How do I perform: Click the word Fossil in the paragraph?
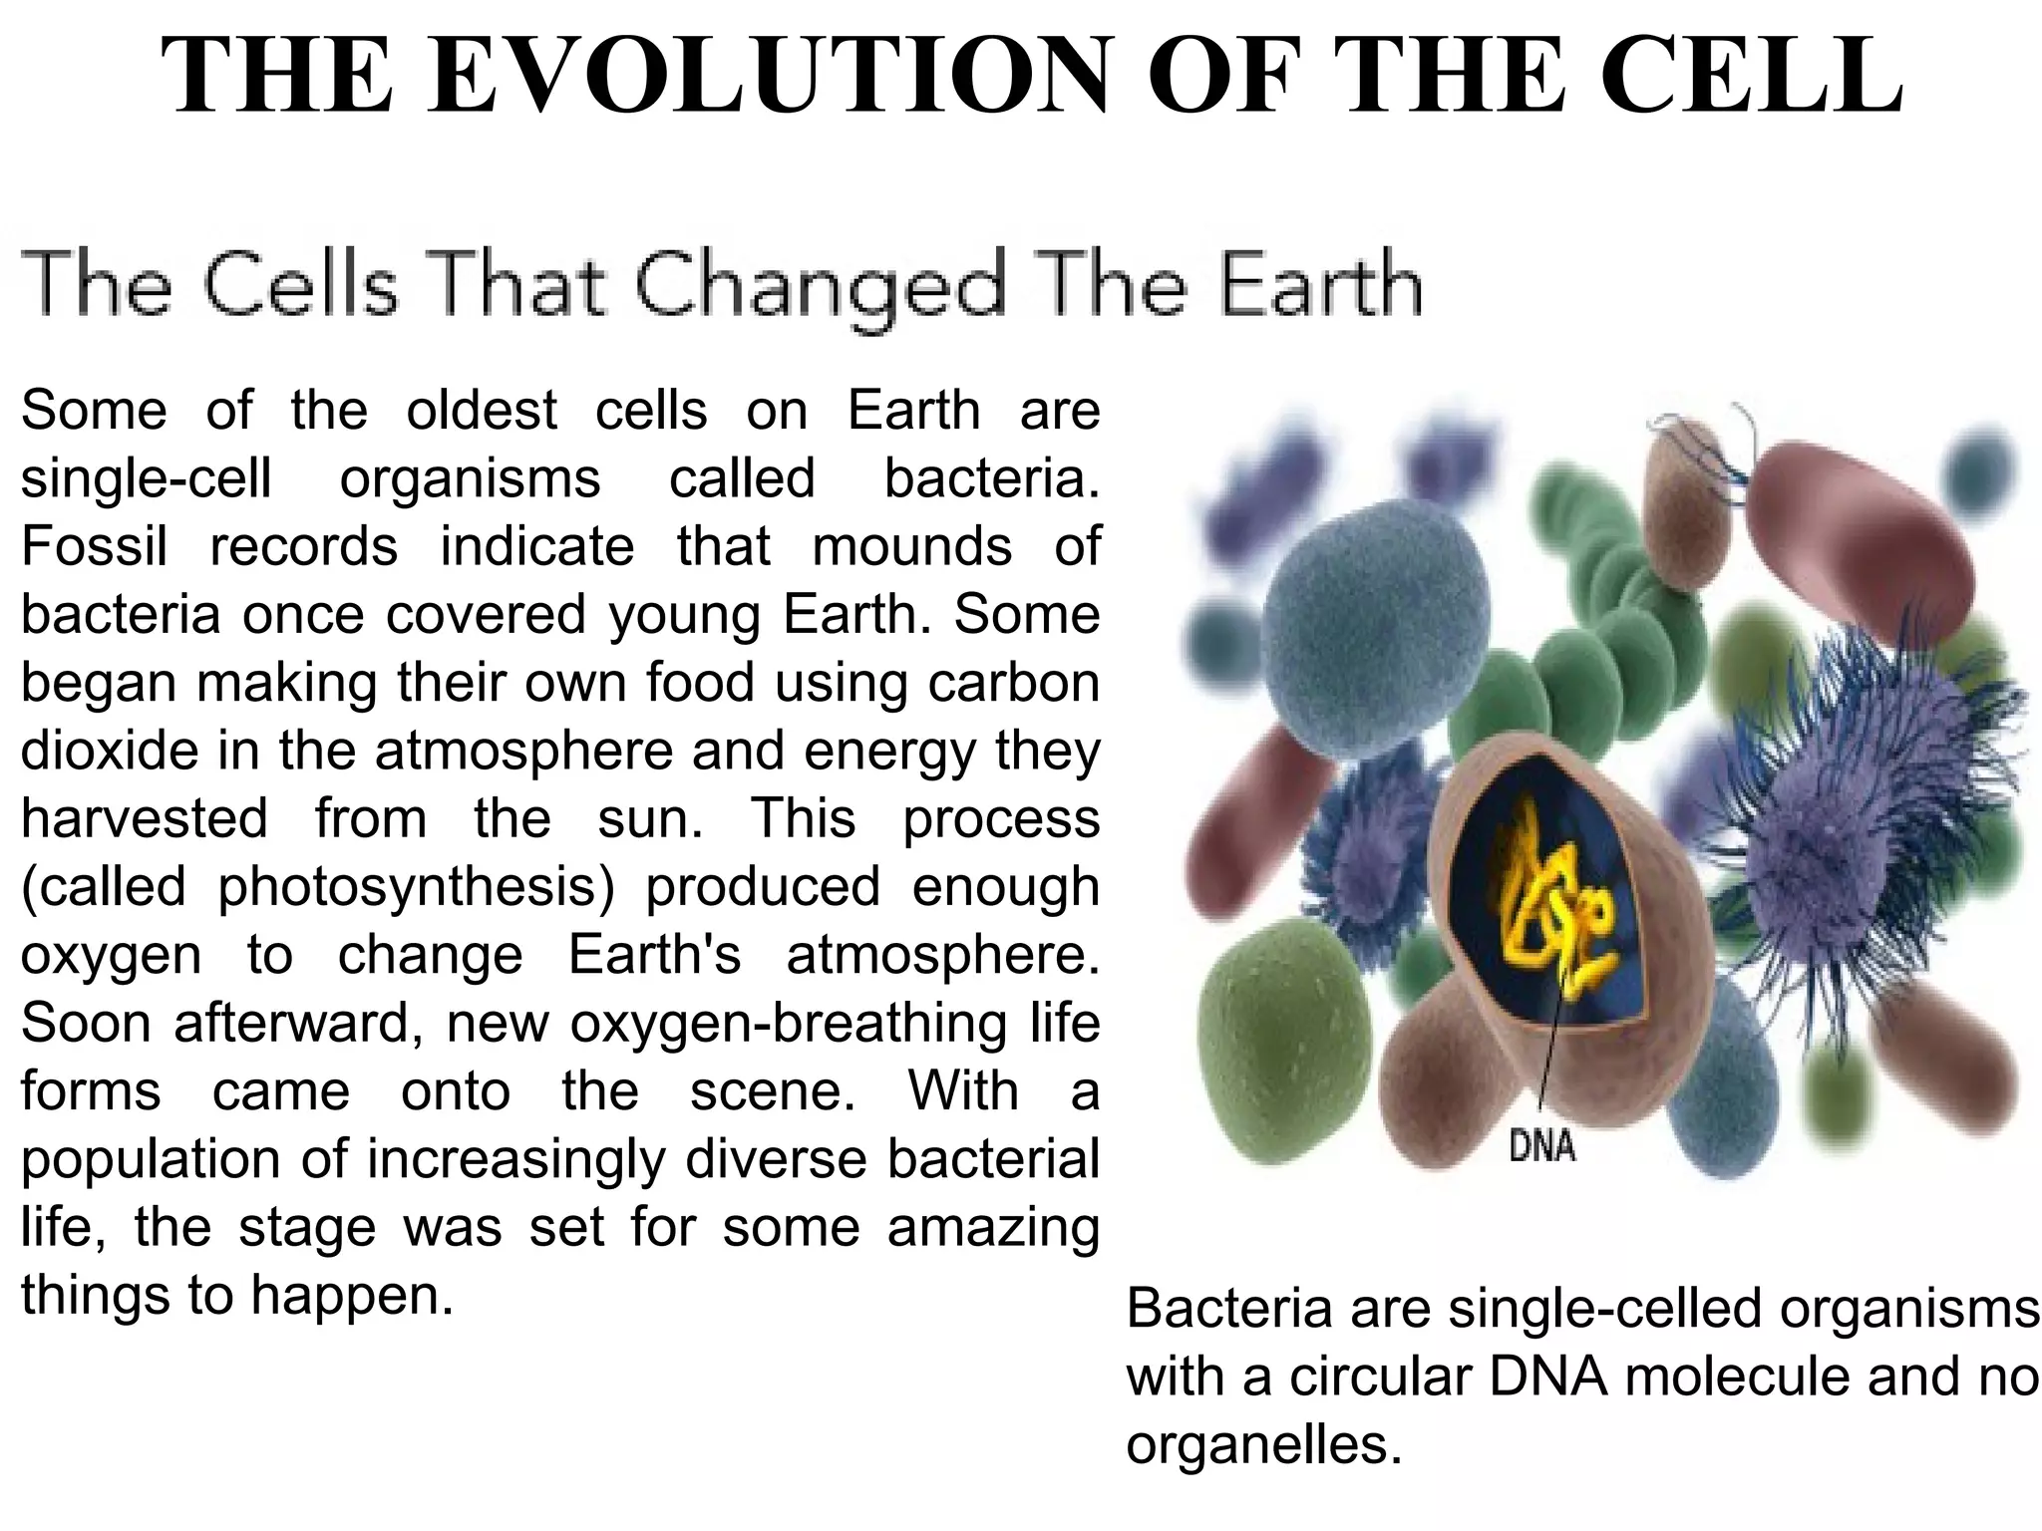94,546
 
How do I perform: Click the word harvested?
144,817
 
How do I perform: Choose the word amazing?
993,1226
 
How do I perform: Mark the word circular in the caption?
1380,1377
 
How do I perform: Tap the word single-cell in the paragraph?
146,478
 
